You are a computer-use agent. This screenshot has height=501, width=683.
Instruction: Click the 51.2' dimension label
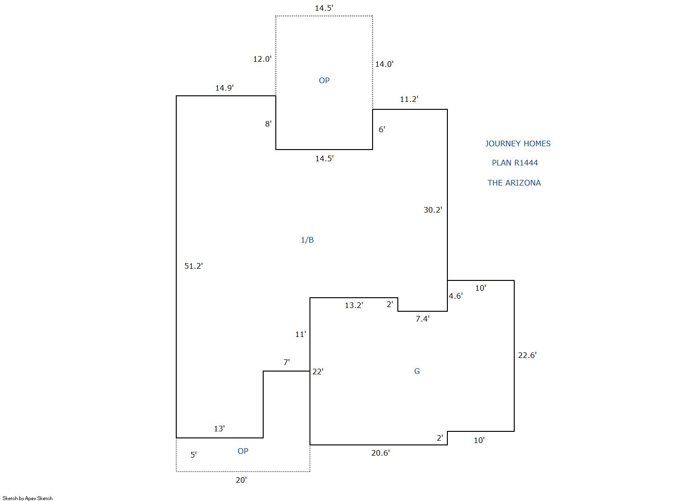[194, 266]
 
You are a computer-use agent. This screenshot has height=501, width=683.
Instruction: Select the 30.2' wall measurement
[433, 210]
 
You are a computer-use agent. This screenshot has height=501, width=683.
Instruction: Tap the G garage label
[417, 371]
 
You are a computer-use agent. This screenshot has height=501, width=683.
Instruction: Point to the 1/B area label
[307, 240]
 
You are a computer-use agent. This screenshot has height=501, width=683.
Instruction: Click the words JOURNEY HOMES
[518, 143]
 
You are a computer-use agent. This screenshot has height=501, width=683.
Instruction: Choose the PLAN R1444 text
[515, 163]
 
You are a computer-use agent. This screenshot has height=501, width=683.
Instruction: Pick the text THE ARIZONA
[514, 183]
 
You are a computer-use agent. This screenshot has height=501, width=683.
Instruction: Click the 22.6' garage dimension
[527, 355]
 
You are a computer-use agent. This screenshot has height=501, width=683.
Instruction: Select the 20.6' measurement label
[381, 453]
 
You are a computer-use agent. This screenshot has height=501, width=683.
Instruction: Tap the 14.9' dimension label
[224, 88]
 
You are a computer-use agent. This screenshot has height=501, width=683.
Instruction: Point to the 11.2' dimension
[409, 99]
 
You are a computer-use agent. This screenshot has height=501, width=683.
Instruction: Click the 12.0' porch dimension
[262, 59]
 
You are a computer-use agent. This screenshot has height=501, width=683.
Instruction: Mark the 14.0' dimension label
[384, 64]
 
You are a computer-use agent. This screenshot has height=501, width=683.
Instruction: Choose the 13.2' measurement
[354, 305]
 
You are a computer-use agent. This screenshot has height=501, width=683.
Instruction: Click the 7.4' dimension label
[423, 318]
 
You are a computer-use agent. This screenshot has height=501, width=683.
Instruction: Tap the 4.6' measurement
[456, 296]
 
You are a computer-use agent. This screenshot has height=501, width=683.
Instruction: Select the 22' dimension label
[318, 372]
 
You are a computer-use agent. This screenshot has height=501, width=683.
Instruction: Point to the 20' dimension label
[241, 480]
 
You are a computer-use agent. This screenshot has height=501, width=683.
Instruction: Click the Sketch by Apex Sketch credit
[28, 498]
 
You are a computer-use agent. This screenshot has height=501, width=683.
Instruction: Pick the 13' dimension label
[219, 429]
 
